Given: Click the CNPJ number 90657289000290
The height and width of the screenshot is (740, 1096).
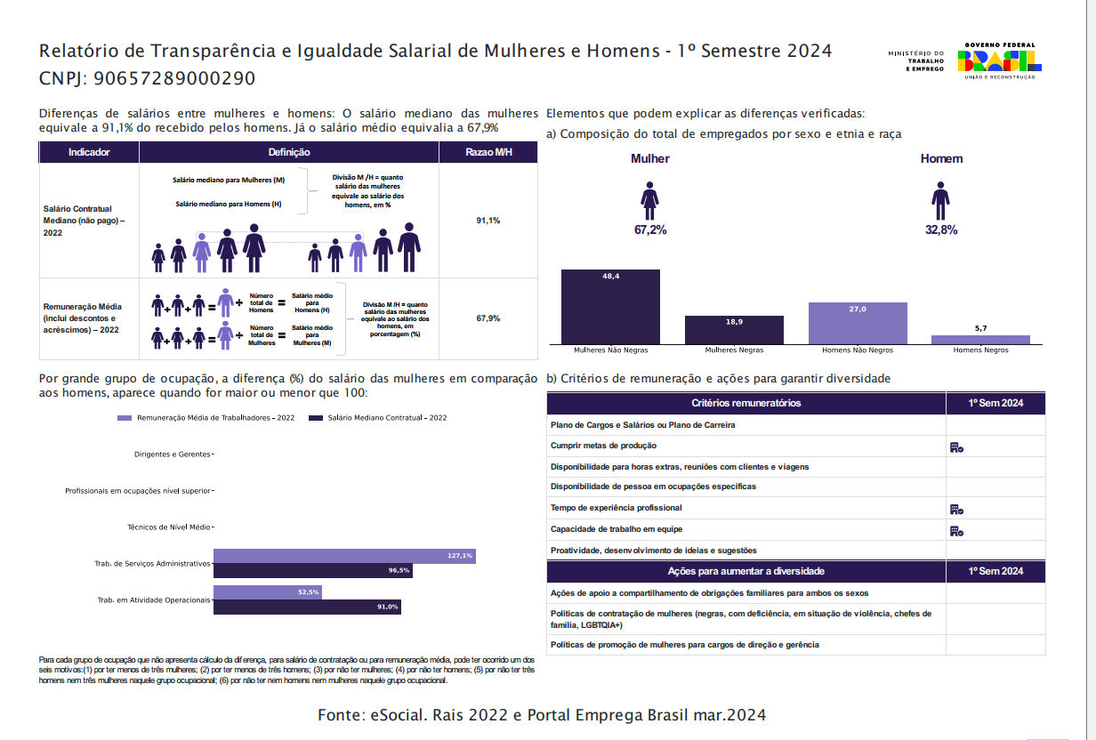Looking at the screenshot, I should click(x=173, y=78).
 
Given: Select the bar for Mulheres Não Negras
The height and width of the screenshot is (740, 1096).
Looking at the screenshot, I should click(x=610, y=307).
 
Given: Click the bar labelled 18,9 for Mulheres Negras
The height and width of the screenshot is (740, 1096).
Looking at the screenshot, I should click(x=734, y=330).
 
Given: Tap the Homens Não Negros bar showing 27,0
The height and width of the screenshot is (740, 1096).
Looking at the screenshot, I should click(x=858, y=323).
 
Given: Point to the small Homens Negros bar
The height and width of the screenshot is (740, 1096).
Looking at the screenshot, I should click(x=980, y=339).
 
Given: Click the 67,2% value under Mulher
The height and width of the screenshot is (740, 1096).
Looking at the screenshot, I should click(x=650, y=229).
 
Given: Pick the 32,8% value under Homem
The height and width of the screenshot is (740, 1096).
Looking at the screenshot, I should click(x=941, y=229).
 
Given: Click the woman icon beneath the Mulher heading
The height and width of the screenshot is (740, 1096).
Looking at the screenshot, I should click(x=650, y=200).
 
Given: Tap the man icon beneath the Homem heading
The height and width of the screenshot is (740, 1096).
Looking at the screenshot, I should click(x=941, y=200).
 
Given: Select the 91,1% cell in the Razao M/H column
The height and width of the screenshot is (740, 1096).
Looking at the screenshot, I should click(x=488, y=220).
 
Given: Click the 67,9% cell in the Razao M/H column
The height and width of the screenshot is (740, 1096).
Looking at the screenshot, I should click(x=488, y=318).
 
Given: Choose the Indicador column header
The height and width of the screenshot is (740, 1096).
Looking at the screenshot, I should click(x=89, y=152).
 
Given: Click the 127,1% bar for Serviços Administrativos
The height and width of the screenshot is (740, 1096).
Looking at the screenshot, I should click(x=344, y=556).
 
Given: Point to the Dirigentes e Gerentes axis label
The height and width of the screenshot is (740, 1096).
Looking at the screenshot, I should click(x=173, y=454).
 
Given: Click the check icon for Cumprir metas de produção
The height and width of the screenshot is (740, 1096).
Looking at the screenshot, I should click(x=956, y=446).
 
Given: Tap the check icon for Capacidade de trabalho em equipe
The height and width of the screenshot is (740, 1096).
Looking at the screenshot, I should click(x=956, y=530).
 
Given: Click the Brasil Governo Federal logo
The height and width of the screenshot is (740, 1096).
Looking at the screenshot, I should click(x=999, y=60).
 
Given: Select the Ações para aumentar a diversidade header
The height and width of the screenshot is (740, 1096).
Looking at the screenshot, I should click(x=745, y=571).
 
